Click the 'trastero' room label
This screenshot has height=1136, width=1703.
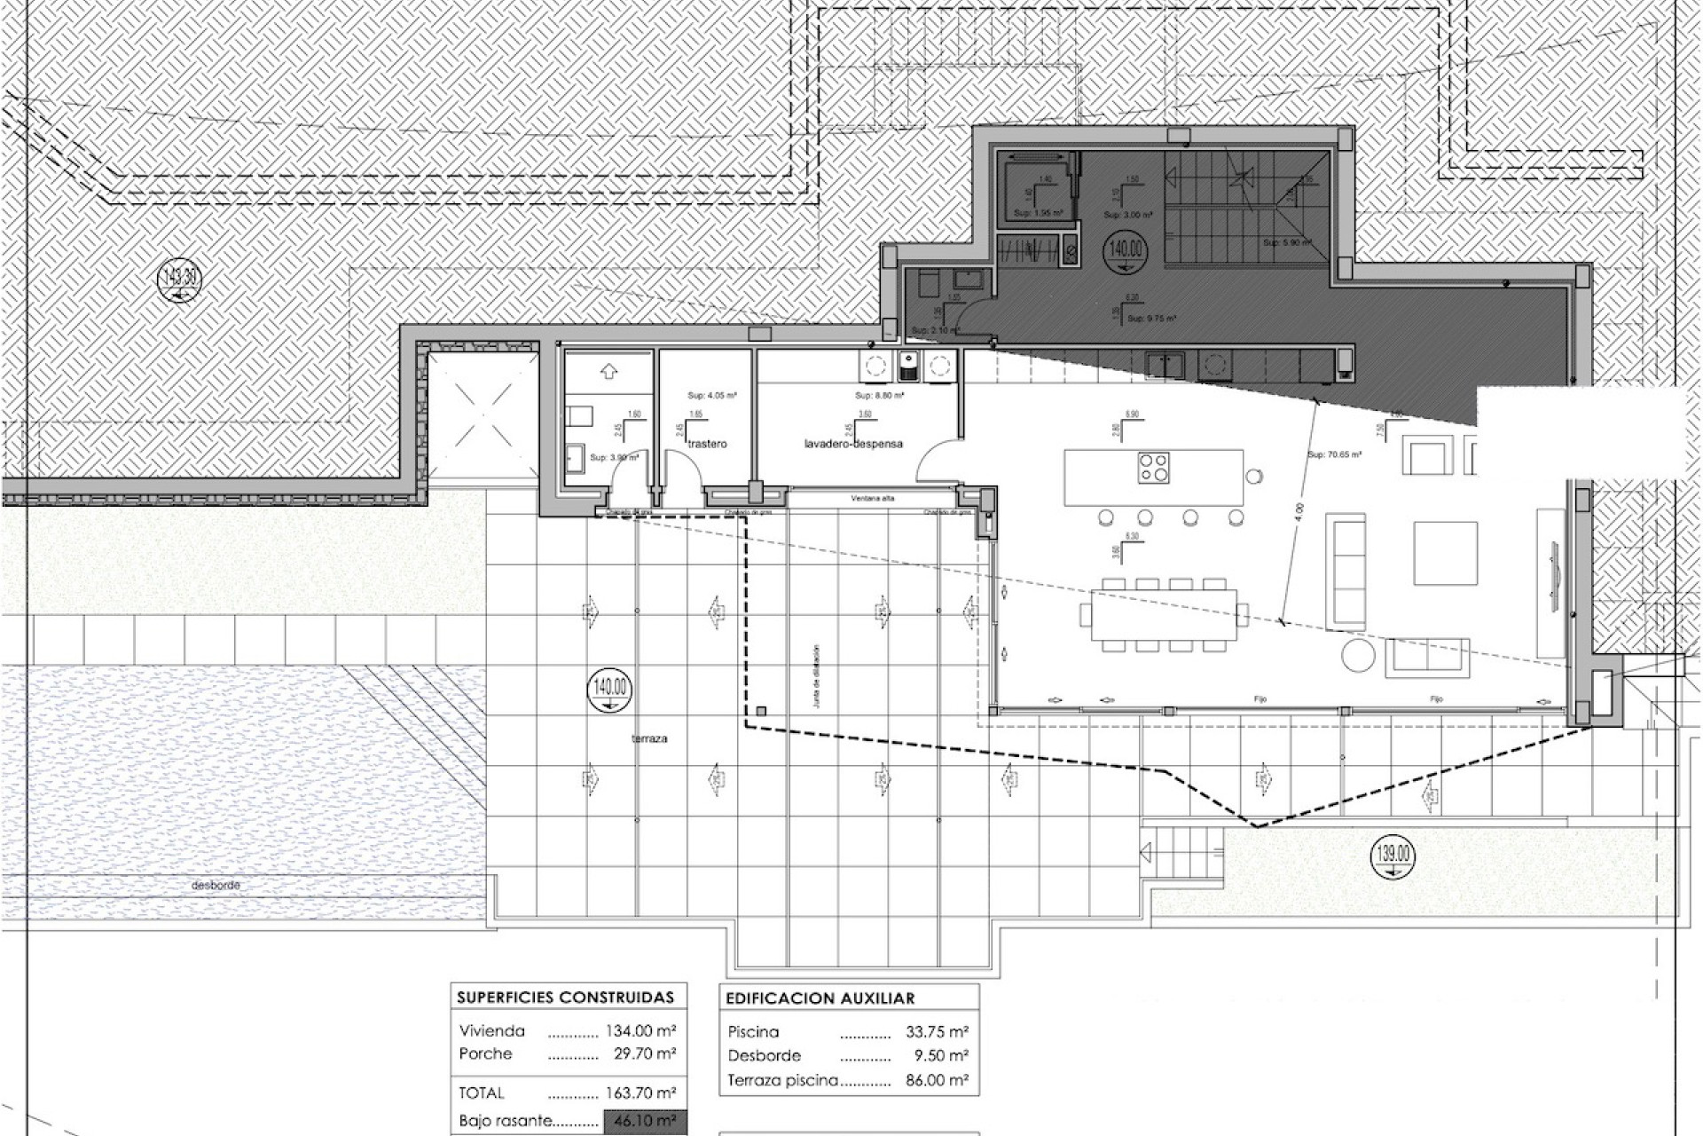[707, 443]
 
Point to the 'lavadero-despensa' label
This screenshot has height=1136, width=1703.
[853, 443]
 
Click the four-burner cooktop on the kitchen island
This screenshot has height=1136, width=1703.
[1153, 467]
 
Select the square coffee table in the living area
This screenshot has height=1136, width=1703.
[1445, 552]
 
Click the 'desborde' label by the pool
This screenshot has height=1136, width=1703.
[216, 885]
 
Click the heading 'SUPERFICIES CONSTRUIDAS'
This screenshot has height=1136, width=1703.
[565, 998]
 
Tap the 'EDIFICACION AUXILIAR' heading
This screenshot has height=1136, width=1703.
[820, 998]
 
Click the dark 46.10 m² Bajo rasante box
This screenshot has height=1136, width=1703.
[644, 1121]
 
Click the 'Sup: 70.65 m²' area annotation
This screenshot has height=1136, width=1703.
[1334, 454]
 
